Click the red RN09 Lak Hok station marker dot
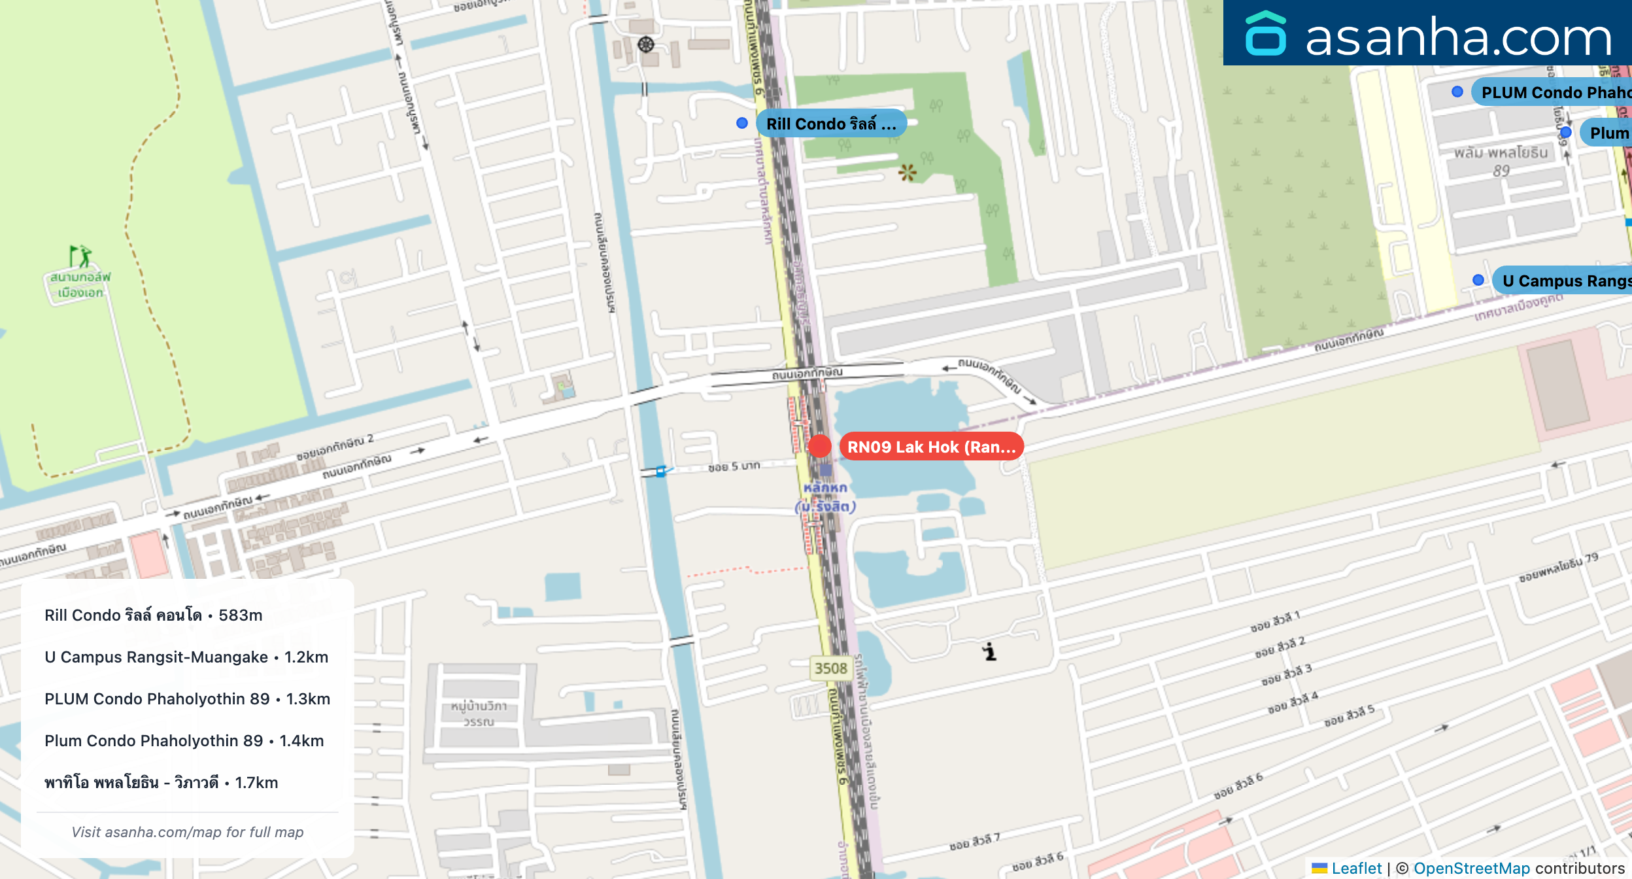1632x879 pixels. click(x=819, y=446)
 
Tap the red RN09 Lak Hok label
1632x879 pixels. click(x=931, y=447)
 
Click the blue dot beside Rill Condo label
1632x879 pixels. click(x=742, y=123)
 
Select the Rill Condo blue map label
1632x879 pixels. click(x=830, y=124)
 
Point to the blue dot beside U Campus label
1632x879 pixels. click(x=1478, y=280)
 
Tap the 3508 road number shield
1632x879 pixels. click(x=830, y=668)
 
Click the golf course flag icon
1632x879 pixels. click(x=81, y=256)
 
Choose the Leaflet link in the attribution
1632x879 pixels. click(x=1356, y=868)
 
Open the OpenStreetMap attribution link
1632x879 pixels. click(x=1471, y=868)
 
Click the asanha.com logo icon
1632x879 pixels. click(x=1266, y=34)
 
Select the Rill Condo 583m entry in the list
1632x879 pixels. click(x=154, y=615)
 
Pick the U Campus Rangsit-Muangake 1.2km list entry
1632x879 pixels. click(x=186, y=657)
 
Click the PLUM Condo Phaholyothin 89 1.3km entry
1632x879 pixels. click(x=187, y=699)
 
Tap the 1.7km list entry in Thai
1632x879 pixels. click(x=161, y=783)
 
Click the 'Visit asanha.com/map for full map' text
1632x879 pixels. click(x=188, y=832)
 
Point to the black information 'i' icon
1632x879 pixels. click(x=990, y=652)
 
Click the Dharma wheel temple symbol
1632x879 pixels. click(x=646, y=44)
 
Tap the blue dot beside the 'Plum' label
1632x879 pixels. click(x=1565, y=133)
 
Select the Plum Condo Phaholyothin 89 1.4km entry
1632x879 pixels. click(x=184, y=741)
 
